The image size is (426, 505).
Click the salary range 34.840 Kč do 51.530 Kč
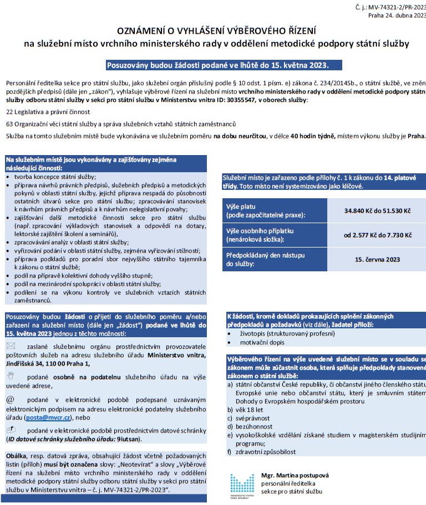pyautogui.click(x=377, y=211)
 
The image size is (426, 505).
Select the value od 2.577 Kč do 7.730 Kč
pyautogui.click(x=377, y=235)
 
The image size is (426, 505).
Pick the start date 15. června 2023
pyautogui.click(x=377, y=259)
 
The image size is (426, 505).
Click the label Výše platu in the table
pyautogui.click(x=242, y=207)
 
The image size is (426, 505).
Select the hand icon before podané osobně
pyautogui.click(x=11, y=375)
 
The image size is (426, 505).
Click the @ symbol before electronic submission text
pyautogui.click(x=10, y=399)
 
